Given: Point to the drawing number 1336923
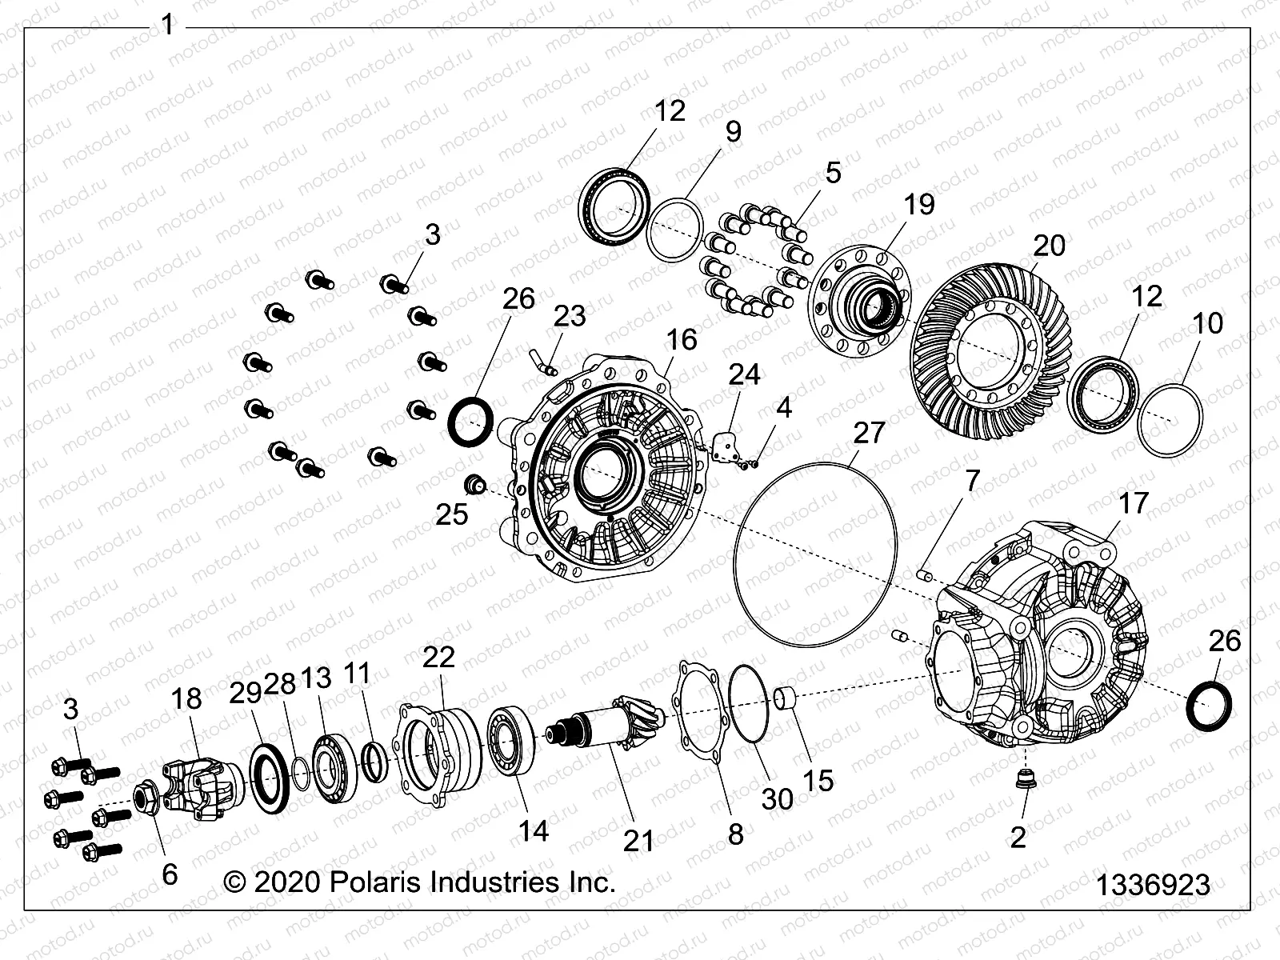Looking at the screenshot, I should click(1152, 886).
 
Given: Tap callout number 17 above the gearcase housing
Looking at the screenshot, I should click(1132, 503).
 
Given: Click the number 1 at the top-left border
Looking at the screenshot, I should click(167, 26).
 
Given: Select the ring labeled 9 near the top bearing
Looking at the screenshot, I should click(674, 230).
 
